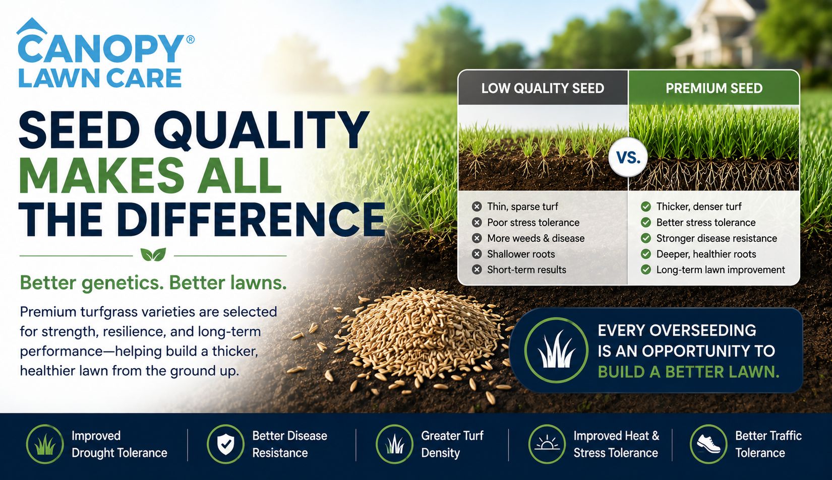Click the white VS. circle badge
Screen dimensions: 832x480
point(628,158)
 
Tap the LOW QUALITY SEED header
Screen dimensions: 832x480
point(543,88)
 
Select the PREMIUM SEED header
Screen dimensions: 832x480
point(714,88)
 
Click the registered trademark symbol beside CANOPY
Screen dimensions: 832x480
point(190,40)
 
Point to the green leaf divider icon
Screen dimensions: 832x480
point(153,255)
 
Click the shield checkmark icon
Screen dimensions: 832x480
point(225,444)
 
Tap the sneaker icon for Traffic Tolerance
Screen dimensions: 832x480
point(708,444)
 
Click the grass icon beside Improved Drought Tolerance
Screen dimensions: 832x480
point(45,444)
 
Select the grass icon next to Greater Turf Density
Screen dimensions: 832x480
point(394,444)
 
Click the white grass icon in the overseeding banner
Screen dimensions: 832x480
point(556,351)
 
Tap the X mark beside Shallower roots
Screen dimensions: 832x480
point(477,254)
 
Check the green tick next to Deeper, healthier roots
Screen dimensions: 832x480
point(646,254)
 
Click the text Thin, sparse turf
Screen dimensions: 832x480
point(522,207)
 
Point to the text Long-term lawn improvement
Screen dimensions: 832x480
point(721,269)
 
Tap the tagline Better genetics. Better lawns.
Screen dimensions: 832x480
point(153,283)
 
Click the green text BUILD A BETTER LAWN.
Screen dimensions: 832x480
point(688,372)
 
